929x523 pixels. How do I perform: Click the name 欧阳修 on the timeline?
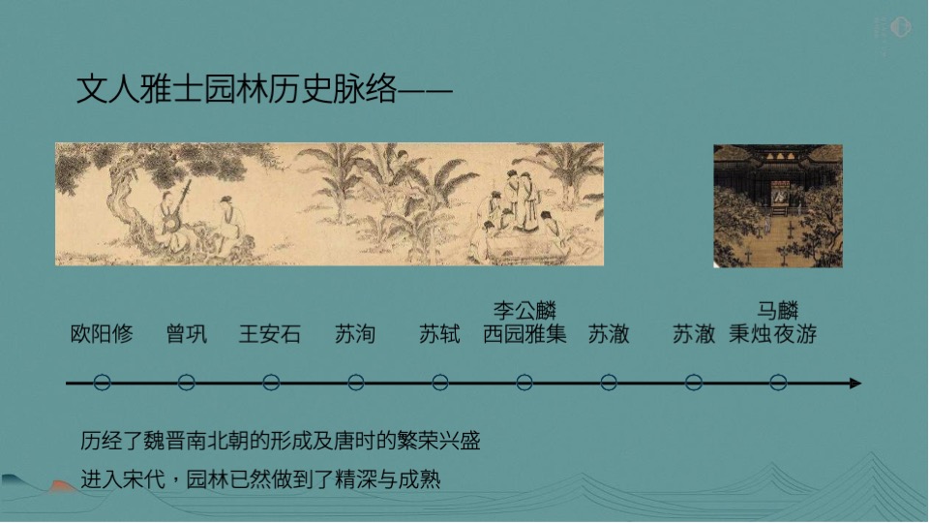(x=102, y=335)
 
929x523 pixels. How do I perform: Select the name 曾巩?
(x=187, y=335)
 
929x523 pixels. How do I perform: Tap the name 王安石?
(x=270, y=335)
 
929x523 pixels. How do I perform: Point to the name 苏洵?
(x=355, y=335)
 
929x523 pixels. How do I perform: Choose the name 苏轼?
(x=439, y=335)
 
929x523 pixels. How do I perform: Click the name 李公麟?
(x=524, y=311)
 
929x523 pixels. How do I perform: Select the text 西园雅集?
(x=524, y=335)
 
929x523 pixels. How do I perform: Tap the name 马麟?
(x=778, y=311)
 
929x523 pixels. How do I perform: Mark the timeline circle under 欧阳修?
(x=102, y=384)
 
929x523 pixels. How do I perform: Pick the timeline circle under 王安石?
(x=271, y=384)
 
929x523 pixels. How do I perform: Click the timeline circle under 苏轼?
(x=440, y=384)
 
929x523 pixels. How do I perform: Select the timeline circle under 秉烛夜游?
(x=777, y=384)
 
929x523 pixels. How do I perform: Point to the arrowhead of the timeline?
(x=854, y=384)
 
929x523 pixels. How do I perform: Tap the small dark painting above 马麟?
(x=778, y=205)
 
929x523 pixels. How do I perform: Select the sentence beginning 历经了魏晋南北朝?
(x=281, y=442)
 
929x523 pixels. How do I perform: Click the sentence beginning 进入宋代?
(x=261, y=479)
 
